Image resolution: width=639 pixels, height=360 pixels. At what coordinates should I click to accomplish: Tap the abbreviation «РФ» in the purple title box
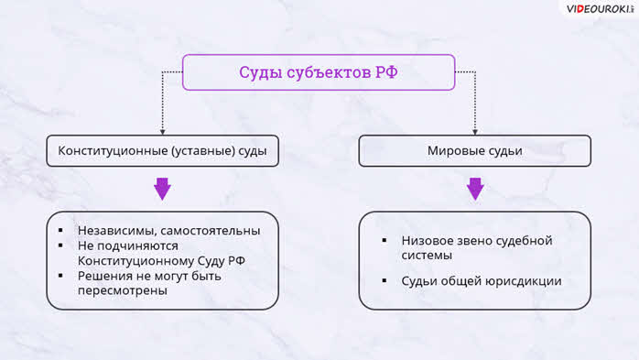click(386, 72)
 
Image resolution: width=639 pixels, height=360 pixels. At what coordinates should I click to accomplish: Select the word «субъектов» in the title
click(329, 72)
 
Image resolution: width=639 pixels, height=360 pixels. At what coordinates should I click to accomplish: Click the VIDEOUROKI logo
click(600, 9)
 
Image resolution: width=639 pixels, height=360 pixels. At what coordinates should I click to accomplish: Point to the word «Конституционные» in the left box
click(113, 151)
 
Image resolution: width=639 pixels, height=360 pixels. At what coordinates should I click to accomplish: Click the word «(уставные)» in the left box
click(203, 151)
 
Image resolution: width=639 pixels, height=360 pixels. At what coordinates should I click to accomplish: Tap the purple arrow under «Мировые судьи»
click(475, 189)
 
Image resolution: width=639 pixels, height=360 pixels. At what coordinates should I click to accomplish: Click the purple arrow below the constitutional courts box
click(162, 189)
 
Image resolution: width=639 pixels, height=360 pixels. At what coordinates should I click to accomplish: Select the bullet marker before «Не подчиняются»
click(60, 245)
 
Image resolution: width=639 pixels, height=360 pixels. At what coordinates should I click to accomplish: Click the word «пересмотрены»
click(123, 291)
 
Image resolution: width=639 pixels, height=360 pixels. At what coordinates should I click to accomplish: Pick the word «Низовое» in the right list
click(426, 241)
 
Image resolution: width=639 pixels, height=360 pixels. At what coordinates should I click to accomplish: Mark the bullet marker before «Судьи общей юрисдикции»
click(384, 280)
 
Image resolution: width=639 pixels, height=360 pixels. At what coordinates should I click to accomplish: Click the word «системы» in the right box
click(427, 256)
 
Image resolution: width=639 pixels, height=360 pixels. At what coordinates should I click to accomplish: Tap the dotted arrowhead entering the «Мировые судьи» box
click(475, 132)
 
